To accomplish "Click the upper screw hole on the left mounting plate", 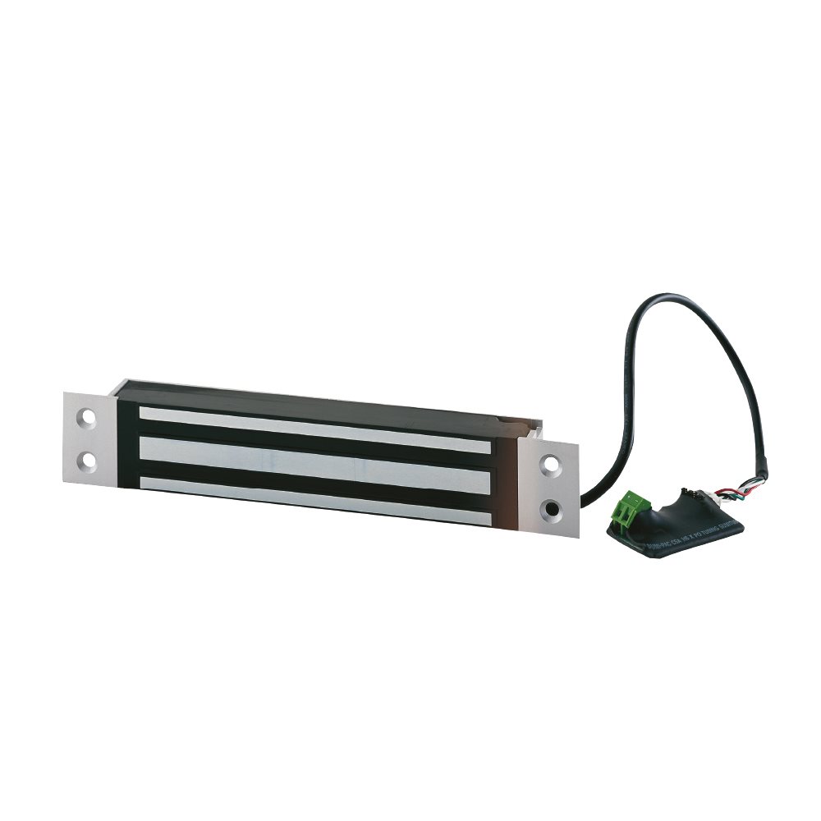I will click(x=87, y=416).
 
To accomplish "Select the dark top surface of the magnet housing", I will click(x=320, y=398).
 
